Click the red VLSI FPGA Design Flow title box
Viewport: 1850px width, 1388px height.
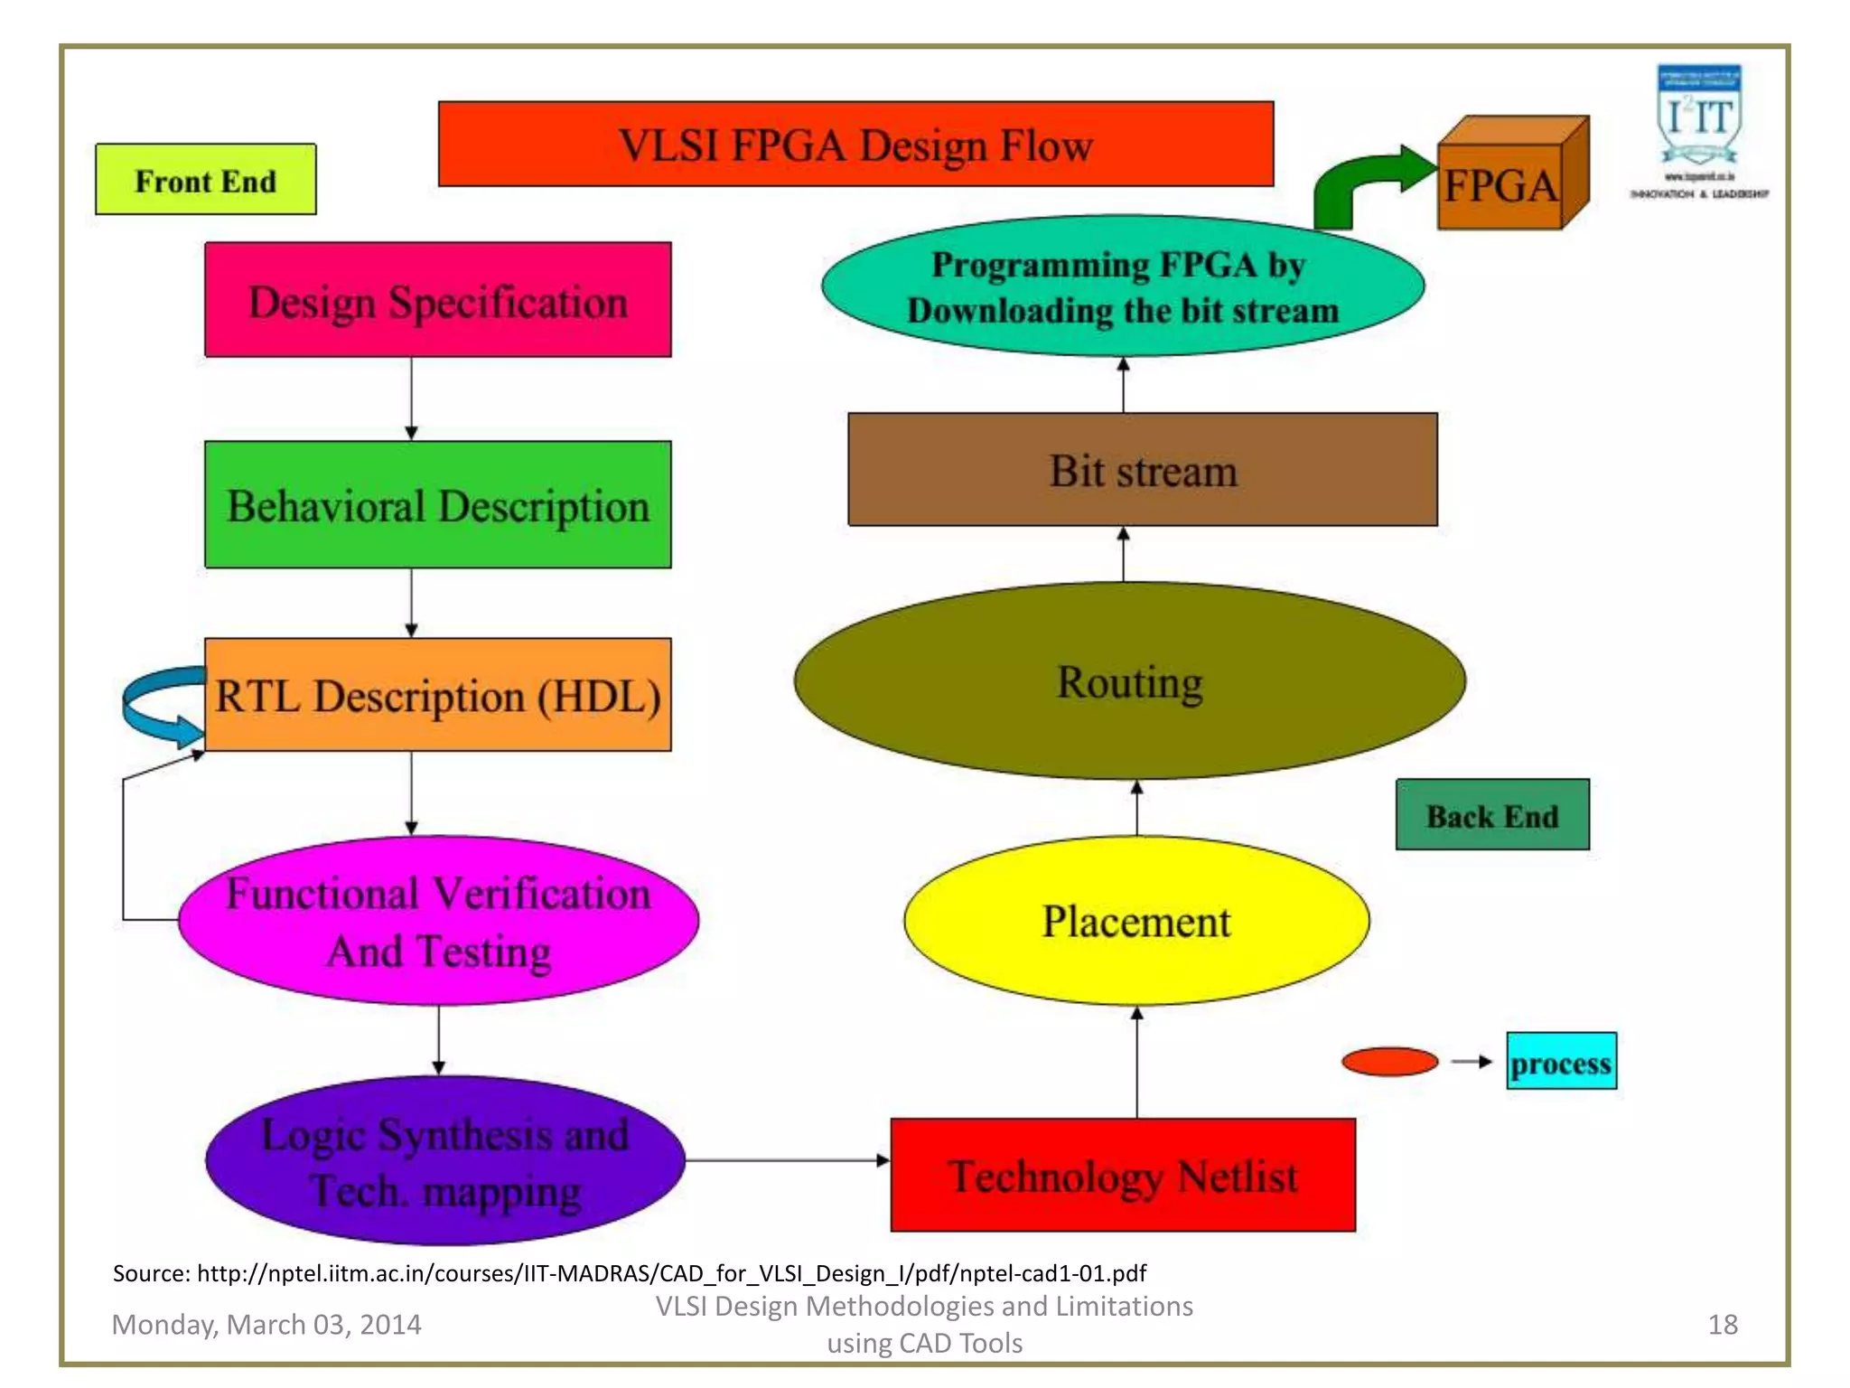click(x=855, y=145)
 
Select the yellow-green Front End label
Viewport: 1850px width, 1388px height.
click(x=205, y=180)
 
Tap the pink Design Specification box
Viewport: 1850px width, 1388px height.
click(x=437, y=300)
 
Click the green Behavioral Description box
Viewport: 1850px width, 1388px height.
click(x=437, y=504)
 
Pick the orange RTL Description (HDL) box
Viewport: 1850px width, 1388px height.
click(x=437, y=695)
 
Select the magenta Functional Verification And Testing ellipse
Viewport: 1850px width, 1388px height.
click(x=438, y=921)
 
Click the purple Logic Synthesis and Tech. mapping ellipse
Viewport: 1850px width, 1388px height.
click(x=444, y=1160)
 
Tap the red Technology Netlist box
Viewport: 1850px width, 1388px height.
click(x=1123, y=1175)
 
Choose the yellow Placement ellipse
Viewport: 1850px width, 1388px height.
click(x=1135, y=921)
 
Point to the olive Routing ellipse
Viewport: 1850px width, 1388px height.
click(x=1129, y=680)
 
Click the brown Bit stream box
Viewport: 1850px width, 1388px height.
click(x=1142, y=470)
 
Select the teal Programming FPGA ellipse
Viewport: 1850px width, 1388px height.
click(x=1122, y=286)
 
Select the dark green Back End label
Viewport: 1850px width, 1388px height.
click(x=1491, y=815)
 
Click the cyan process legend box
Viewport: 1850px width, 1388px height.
click(x=1560, y=1062)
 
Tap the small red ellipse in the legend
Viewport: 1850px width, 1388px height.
click(x=1389, y=1062)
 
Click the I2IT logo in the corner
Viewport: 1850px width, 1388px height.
click(x=1698, y=127)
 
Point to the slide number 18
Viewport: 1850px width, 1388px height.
click(x=1722, y=1324)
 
